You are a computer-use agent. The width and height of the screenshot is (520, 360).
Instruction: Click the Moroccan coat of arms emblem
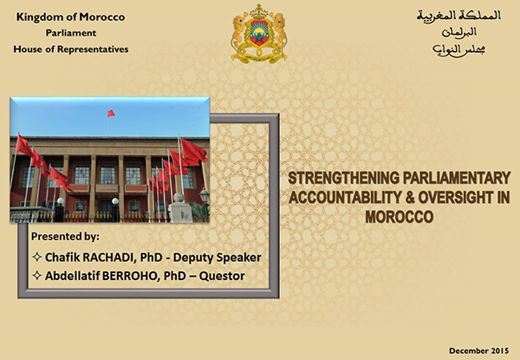coord(259,34)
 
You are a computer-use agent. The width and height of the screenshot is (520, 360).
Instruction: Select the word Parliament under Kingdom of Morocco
coord(71,33)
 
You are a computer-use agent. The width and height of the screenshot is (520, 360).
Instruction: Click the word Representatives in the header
coord(93,49)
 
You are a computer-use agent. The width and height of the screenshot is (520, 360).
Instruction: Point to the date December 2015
coord(479,350)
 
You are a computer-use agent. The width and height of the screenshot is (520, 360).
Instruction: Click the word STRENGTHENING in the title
coord(343,178)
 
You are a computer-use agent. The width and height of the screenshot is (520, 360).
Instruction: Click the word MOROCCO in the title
coord(400,217)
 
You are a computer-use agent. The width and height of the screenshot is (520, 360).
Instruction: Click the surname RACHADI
coord(107,258)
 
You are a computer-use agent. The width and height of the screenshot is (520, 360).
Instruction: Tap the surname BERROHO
coord(129,276)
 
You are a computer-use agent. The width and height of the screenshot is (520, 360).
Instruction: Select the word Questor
coord(222,276)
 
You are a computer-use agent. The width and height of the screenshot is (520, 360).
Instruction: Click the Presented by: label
coord(65,237)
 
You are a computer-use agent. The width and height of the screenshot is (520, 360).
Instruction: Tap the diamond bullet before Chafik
coord(36,257)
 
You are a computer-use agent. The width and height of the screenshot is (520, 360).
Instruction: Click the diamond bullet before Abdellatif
coord(36,275)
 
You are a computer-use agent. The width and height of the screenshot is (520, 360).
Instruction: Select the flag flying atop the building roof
coord(111,114)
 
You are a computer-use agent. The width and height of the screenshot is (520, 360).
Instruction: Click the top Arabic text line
coord(459,16)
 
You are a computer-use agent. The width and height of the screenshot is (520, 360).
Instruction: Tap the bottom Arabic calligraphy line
coord(459,49)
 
